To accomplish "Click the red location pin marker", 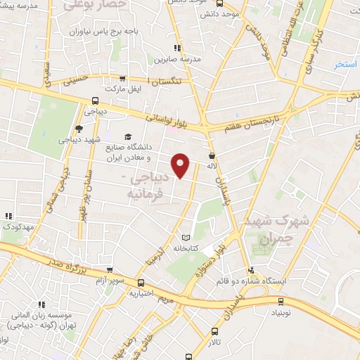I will click(181, 165).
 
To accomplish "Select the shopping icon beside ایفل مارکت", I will click(123, 79).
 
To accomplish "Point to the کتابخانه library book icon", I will click(186, 238).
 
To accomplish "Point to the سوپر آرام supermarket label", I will click(93, 281).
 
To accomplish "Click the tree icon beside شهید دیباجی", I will click(78, 128).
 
